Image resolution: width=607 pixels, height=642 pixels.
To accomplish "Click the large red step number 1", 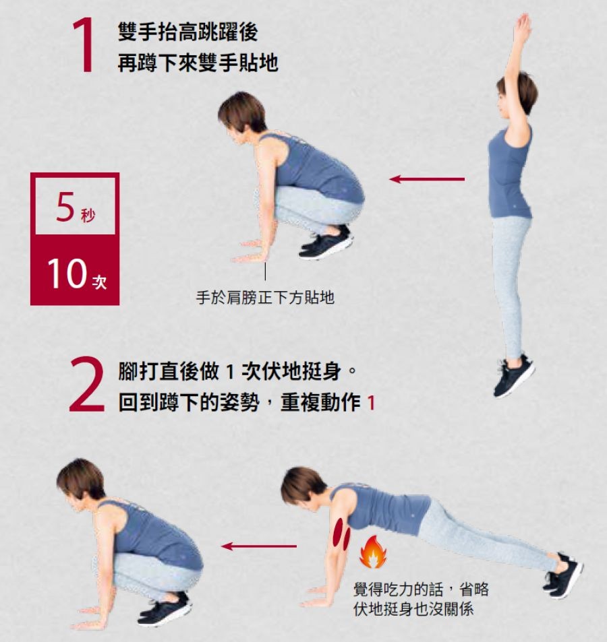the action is click(85, 46).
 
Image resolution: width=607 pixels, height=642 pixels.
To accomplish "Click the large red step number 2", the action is click(86, 385).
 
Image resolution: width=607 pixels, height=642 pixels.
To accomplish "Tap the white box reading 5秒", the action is click(75, 206).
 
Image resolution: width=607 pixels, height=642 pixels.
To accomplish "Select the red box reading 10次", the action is click(75, 271).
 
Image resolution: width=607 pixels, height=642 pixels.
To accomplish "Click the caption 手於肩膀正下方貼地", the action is click(265, 298).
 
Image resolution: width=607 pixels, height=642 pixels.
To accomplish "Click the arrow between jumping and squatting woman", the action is click(427, 179).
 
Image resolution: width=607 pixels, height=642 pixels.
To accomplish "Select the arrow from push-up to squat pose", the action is click(258, 546).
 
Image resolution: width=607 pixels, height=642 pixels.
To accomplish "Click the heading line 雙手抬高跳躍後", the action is click(187, 32).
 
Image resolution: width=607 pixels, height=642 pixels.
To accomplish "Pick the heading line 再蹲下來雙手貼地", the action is click(198, 63).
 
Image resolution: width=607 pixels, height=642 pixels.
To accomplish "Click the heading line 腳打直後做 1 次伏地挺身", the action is click(229, 371).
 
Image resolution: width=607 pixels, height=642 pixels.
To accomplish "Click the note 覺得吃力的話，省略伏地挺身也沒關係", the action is click(421, 600).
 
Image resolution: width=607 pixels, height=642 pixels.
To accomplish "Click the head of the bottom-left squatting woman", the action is click(81, 482).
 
